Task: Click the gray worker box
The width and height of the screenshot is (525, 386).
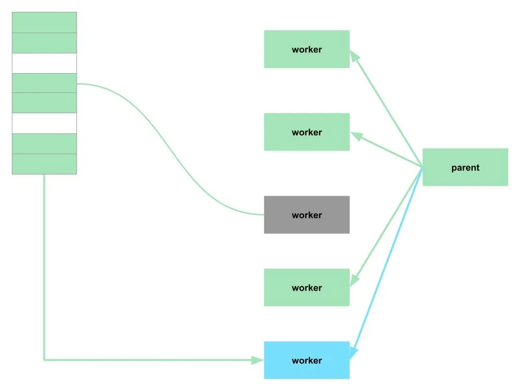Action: coord(306,214)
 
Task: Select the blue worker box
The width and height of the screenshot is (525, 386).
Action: coord(306,360)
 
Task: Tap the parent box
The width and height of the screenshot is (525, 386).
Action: coord(465,167)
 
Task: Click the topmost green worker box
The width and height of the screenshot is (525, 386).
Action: coord(306,49)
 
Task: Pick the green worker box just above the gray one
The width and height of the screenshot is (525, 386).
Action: coord(306,132)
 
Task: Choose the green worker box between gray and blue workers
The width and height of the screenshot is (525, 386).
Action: coord(306,287)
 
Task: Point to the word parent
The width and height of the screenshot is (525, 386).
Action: coord(465,168)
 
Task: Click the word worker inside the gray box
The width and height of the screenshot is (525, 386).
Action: coord(306,215)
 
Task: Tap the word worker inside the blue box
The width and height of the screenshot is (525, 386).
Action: coord(306,360)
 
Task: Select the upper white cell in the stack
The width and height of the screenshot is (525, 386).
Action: coord(44,63)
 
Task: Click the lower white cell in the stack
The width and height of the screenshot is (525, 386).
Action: coord(44,123)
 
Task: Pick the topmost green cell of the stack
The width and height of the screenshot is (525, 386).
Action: coord(44,22)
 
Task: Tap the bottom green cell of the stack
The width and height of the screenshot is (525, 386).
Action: coord(44,164)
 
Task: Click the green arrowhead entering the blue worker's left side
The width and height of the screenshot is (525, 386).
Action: coord(258,360)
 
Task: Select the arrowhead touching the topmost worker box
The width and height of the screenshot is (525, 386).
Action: coord(354,55)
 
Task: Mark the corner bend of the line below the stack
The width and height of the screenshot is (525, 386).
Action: coord(44,360)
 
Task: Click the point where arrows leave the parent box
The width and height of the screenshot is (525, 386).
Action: coord(422,168)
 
